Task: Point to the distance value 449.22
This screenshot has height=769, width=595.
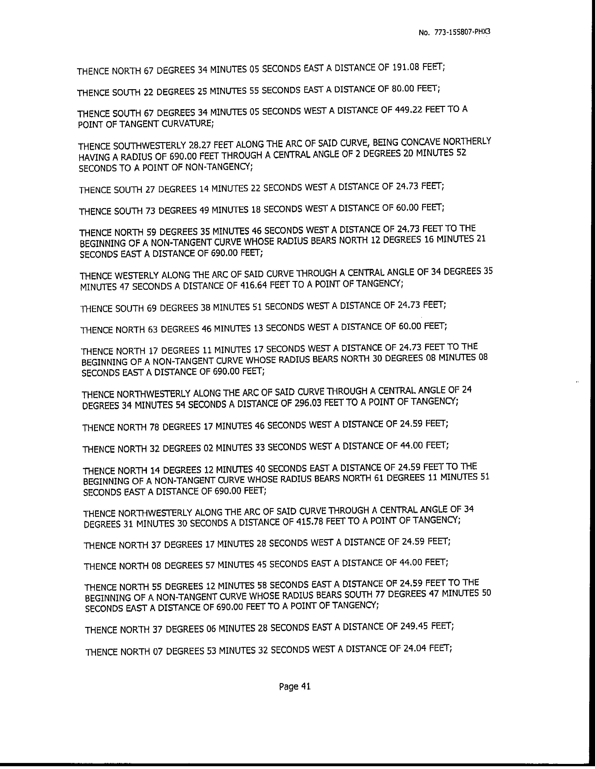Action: [410, 110]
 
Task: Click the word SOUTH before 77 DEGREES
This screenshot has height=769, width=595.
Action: [360, 595]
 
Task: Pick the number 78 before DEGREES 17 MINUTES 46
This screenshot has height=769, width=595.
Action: [154, 427]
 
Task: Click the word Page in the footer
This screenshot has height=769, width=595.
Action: [288, 687]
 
